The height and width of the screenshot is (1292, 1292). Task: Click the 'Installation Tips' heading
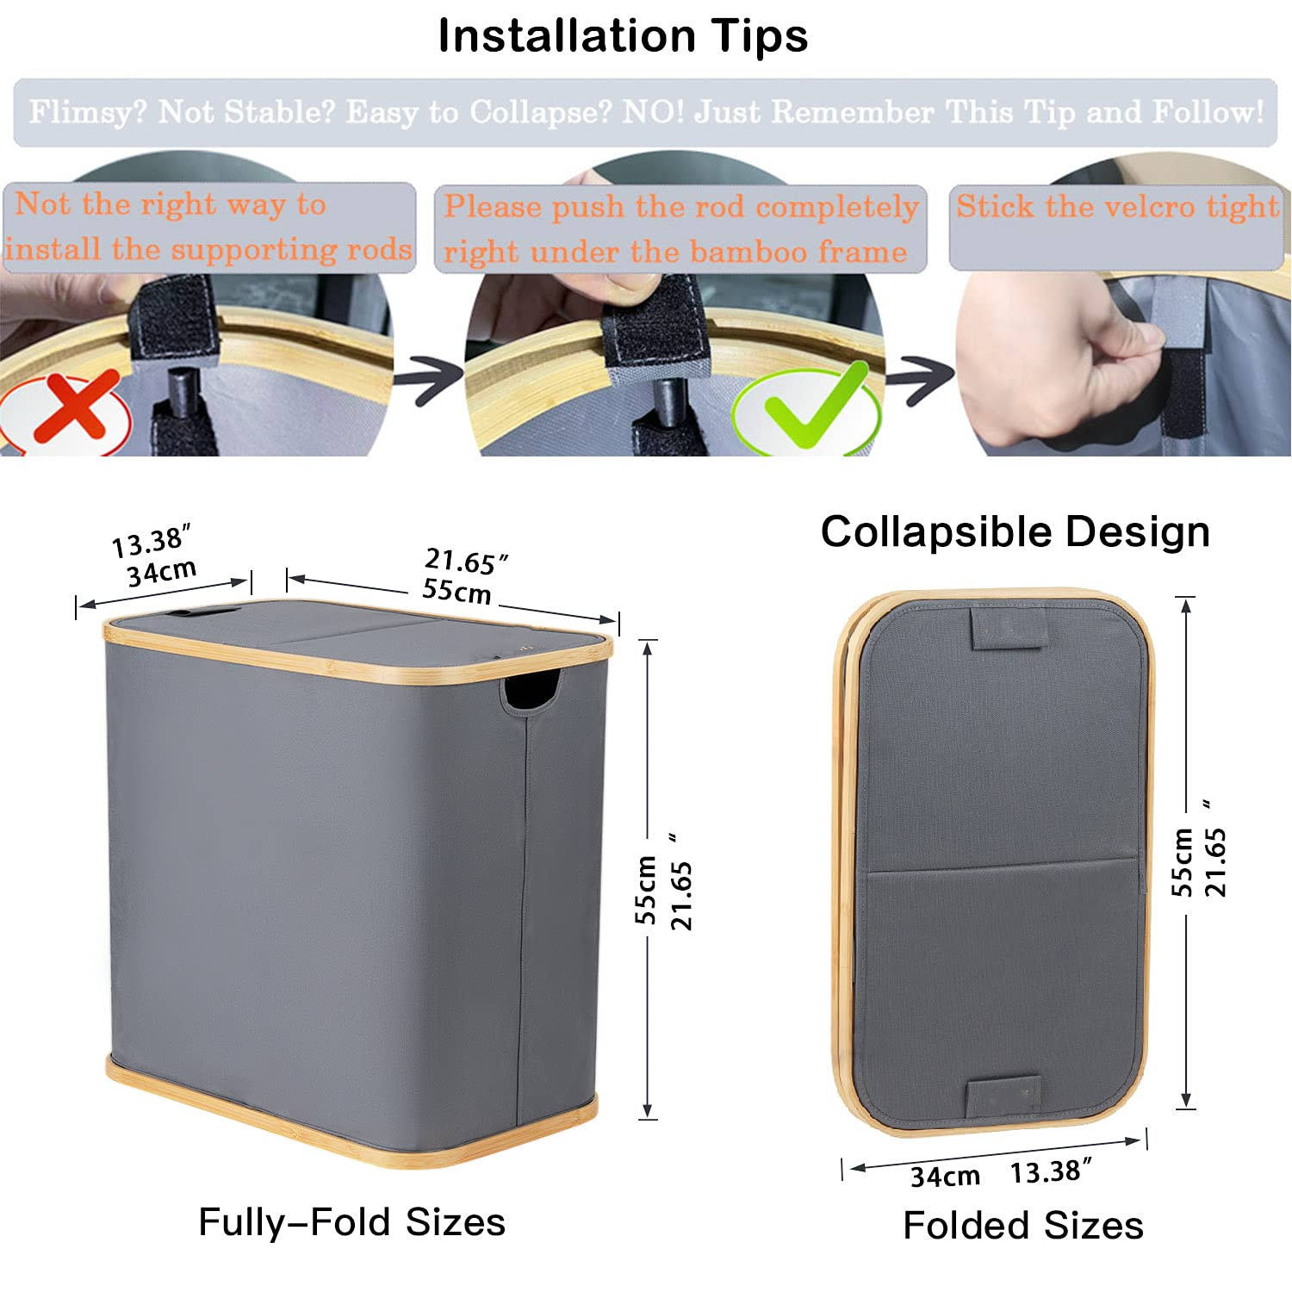point(623,36)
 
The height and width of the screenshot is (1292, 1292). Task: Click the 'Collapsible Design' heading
point(1015,531)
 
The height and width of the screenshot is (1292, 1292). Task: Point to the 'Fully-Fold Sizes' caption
point(351,1221)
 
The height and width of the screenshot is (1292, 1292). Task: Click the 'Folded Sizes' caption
point(1022,1225)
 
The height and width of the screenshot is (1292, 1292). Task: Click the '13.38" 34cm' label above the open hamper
point(155,557)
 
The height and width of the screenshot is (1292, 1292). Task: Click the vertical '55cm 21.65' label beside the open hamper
point(664,881)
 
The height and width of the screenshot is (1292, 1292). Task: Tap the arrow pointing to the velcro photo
point(921,380)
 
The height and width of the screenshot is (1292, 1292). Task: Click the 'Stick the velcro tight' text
point(1117,207)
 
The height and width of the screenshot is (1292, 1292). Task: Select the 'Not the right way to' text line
point(171,204)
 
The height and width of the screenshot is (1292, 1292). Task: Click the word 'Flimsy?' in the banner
point(89,112)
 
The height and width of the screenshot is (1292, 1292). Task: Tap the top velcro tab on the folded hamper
point(1009,627)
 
